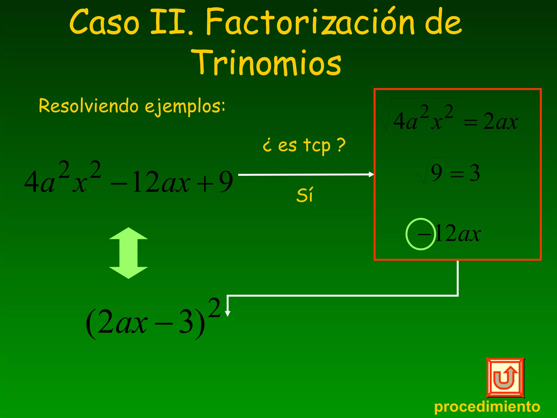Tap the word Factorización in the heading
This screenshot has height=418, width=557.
(x=310, y=22)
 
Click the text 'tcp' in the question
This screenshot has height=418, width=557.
(x=317, y=145)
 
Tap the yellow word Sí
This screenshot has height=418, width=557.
(x=305, y=195)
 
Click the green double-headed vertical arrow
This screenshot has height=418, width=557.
(x=128, y=253)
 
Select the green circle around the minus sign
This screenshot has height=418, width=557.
(x=420, y=234)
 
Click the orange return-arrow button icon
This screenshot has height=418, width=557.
(x=505, y=377)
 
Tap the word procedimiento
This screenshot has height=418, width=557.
(x=487, y=407)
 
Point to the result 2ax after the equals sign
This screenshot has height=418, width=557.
(x=500, y=121)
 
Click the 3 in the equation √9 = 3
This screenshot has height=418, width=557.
(x=474, y=173)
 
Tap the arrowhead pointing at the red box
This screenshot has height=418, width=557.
(x=371, y=174)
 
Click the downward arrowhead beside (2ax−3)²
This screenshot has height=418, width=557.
(x=228, y=313)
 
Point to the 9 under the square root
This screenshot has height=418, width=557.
(x=436, y=173)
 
